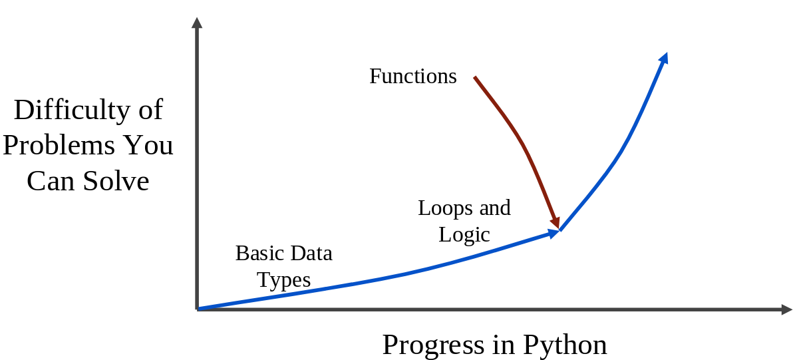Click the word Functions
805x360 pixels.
(413, 76)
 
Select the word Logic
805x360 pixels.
(464, 236)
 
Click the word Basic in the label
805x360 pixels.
(260, 254)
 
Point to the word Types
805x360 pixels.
(283, 281)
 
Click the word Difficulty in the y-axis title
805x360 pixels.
(71, 110)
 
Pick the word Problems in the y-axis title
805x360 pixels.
(59, 145)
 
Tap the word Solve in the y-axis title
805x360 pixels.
(116, 181)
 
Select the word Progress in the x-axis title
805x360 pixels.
(433, 345)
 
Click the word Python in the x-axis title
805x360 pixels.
(565, 345)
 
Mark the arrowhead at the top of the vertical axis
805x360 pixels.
(197, 23)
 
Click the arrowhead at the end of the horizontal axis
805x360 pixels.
(787, 309)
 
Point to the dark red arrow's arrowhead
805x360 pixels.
(556, 223)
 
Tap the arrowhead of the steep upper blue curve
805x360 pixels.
(664, 59)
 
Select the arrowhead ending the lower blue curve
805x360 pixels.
(554, 234)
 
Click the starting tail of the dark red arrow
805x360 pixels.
(475, 77)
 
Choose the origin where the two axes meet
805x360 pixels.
(198, 309)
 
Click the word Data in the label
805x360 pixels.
(311, 254)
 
